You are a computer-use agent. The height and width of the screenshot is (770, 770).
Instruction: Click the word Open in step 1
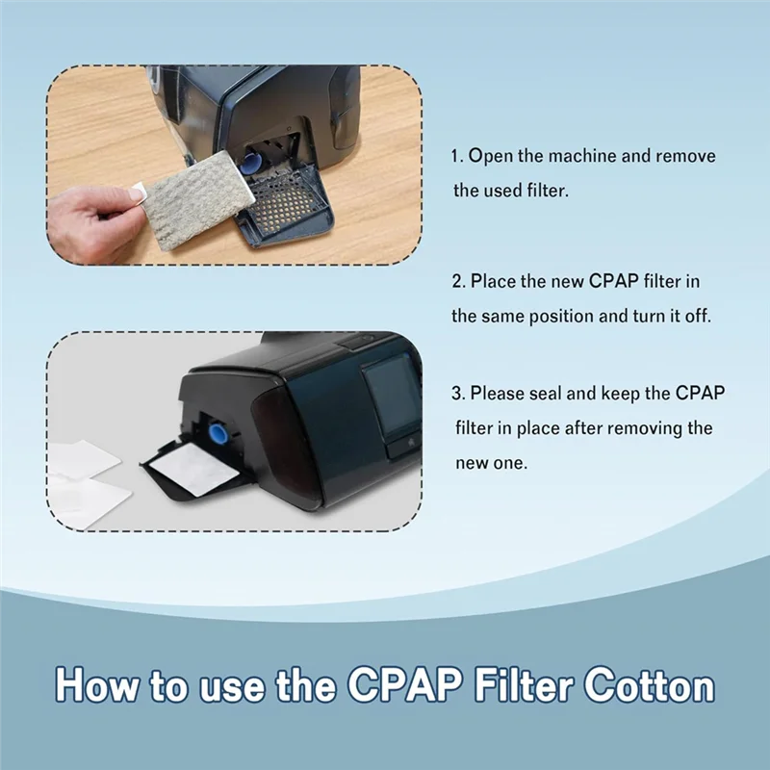(x=489, y=156)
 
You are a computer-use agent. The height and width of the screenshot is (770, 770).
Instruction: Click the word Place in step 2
(x=492, y=281)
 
